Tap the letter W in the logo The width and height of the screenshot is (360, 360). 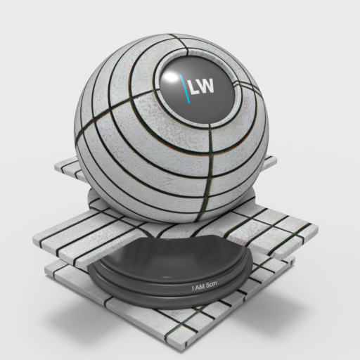206,86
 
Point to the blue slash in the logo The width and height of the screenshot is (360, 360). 185,89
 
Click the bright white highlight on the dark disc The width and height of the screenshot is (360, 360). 170,77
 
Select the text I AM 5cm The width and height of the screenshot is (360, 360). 205,285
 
